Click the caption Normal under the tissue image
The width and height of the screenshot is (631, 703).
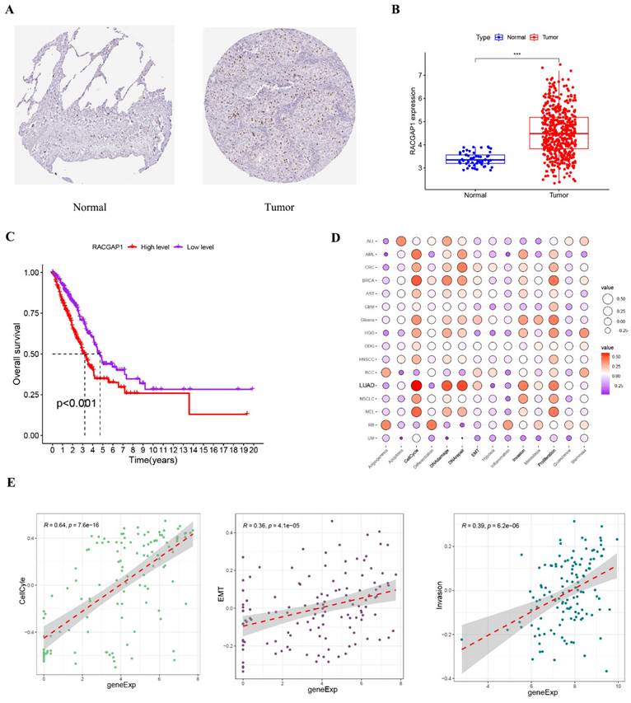(89, 207)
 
